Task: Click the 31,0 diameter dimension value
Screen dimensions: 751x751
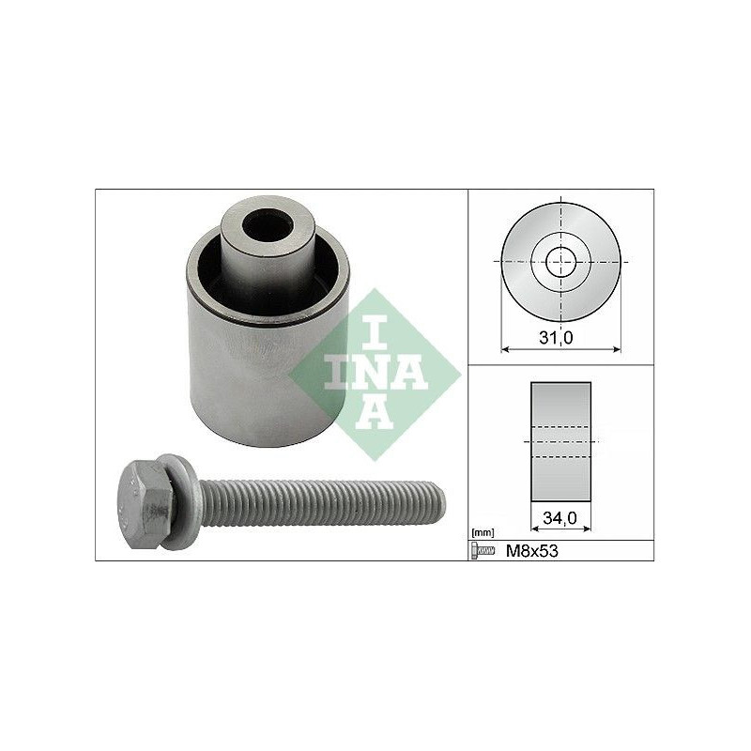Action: (556, 338)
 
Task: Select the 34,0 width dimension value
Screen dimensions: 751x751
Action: (559, 517)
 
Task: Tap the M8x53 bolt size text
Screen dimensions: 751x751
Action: (532, 551)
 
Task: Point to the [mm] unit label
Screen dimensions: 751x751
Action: (483, 532)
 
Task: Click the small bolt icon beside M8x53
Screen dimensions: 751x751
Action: (483, 551)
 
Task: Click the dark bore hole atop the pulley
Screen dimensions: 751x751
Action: (268, 226)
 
